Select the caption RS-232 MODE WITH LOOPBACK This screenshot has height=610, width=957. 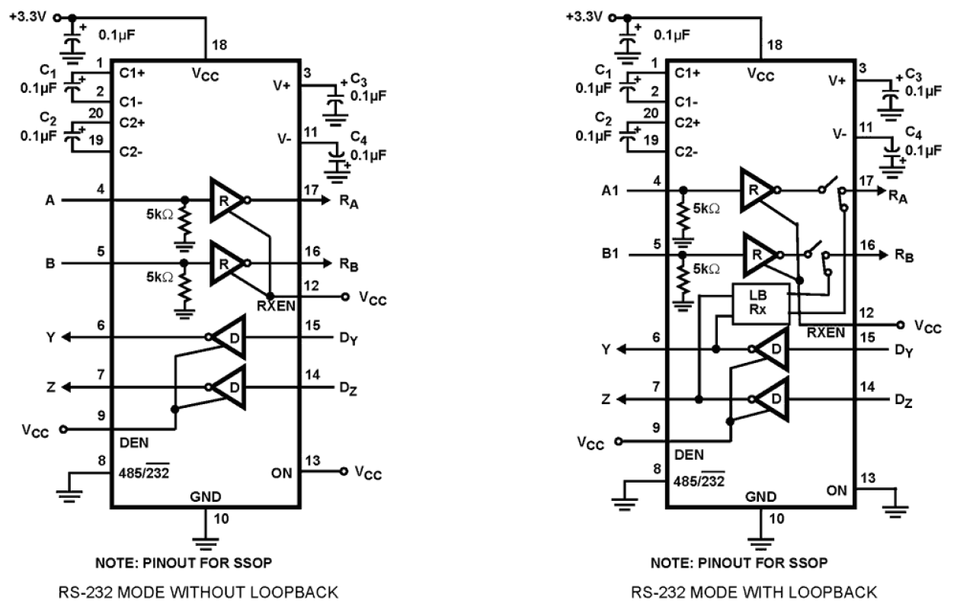click(x=754, y=591)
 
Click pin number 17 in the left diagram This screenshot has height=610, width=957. click(x=312, y=188)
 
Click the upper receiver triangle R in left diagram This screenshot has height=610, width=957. click(x=226, y=200)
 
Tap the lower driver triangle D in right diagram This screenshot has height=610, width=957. click(x=770, y=397)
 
